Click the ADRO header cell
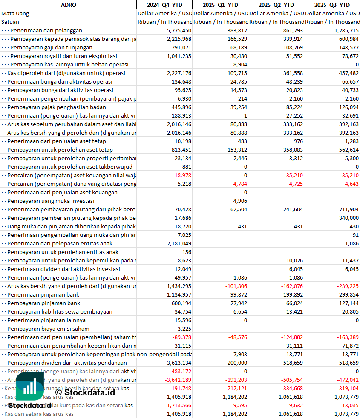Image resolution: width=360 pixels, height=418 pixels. click(x=68, y=5)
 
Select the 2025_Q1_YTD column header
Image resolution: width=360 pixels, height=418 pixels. click(x=220, y=5)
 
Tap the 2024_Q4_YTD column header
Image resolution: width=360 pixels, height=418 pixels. click(x=164, y=5)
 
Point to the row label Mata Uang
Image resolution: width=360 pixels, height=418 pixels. click(x=15, y=13)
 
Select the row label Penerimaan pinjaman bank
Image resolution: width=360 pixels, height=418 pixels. click(x=43, y=294)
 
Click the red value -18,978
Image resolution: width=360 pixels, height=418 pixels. click(x=182, y=175)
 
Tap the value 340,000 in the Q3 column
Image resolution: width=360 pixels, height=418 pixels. click(x=348, y=218)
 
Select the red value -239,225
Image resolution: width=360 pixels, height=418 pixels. click(x=347, y=286)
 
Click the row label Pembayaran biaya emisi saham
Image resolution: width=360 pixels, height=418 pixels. click(x=48, y=329)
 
